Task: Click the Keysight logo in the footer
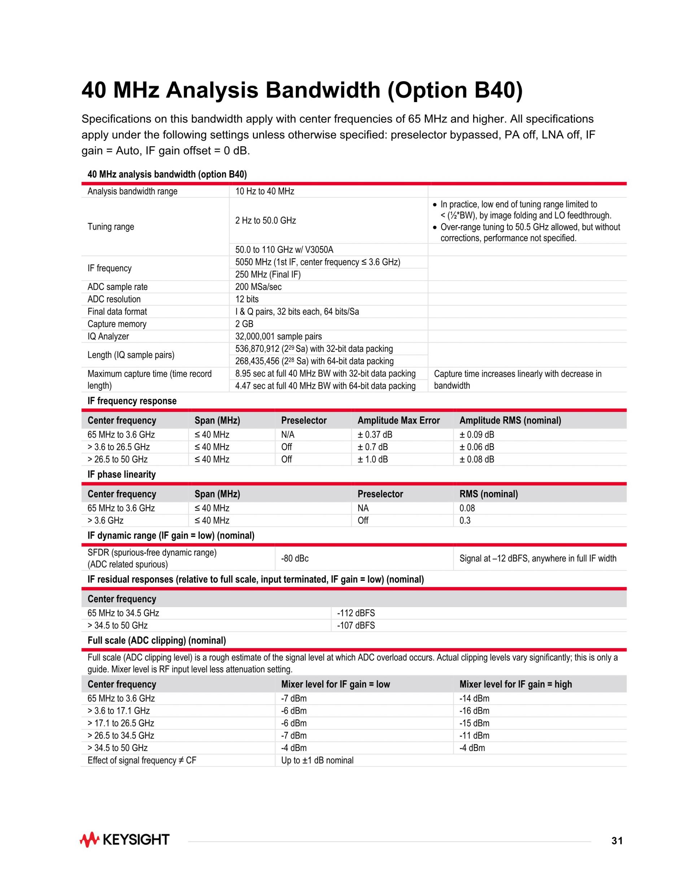coord(125,840)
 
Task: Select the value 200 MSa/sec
coord(258,287)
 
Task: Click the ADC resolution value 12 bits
coord(247,299)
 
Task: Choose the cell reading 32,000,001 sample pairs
coord(278,337)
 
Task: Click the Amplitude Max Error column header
coord(398,421)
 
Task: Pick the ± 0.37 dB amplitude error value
coord(375,434)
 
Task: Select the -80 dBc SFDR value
coord(295,558)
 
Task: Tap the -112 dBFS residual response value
coord(356,613)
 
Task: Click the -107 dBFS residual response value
coord(356,625)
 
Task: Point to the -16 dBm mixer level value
coord(474,711)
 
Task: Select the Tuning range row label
coord(111,227)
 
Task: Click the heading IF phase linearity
coord(122,474)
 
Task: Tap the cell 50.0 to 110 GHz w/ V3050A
coord(284,250)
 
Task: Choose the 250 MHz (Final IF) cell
coord(268,274)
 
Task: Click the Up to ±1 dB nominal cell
coord(317,760)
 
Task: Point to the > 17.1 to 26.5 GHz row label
coord(121,723)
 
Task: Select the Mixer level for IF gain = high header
coord(515,684)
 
